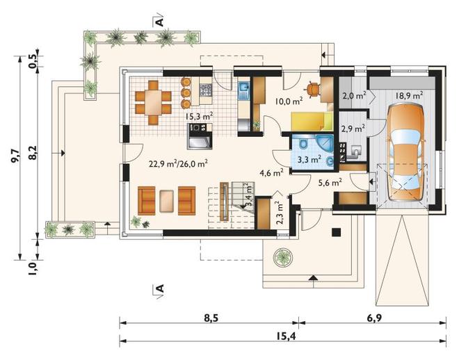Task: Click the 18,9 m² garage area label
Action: coord(409,95)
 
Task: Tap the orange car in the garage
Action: coord(405,154)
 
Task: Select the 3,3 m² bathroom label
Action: coord(309,159)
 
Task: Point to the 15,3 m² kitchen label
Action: coord(199,116)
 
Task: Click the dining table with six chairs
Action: coord(153,102)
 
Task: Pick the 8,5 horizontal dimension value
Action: coord(211,318)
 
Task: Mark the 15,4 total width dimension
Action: coord(286,336)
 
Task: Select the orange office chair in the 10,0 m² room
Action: coord(313,89)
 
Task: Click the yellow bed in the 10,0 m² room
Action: coord(312,121)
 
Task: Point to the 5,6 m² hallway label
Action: coord(330,183)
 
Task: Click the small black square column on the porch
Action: coord(336,232)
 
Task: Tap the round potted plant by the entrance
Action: coord(283,257)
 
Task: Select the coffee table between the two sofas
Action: coord(167,201)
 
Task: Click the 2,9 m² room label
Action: coord(353,129)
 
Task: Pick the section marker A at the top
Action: coord(160,22)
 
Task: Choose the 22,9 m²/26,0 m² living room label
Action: coord(179,163)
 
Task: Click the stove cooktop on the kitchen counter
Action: coord(205,90)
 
